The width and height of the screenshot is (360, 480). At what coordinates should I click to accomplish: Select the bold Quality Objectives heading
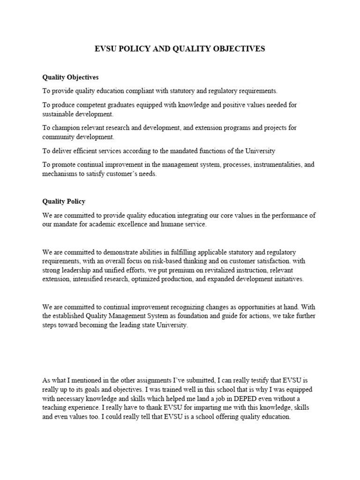tap(70, 77)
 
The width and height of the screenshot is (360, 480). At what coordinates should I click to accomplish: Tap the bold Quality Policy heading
tap(64, 202)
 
